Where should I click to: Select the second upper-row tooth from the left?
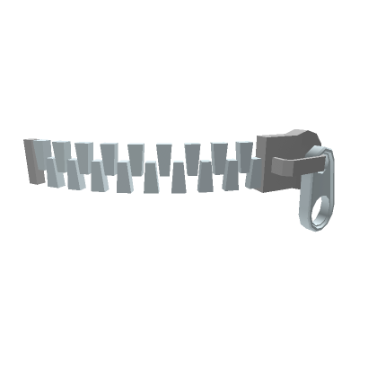pos(62,151)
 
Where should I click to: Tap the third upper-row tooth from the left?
pos(85,151)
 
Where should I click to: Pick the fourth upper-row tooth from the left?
pos(110,151)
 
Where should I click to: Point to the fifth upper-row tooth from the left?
pos(136,151)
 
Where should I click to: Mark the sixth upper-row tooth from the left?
pos(164,151)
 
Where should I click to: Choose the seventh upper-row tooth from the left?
pos(191,151)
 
